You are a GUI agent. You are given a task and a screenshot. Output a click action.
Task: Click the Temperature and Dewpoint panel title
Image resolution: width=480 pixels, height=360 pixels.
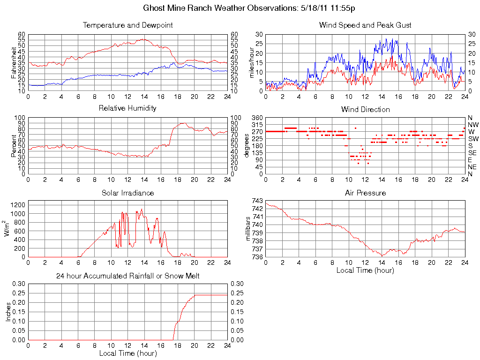point(127,25)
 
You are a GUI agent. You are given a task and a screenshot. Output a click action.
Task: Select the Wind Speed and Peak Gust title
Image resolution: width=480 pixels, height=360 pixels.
point(365,25)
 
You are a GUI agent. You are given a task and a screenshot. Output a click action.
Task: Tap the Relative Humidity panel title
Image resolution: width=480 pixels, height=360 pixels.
point(127,108)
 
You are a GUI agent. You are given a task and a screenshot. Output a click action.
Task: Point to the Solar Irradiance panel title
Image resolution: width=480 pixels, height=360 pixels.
point(127,193)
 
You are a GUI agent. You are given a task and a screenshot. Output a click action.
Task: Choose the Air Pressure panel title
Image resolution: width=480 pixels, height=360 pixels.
point(365,193)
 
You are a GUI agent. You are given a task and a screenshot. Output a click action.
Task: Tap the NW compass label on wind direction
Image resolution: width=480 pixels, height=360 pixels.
point(473,125)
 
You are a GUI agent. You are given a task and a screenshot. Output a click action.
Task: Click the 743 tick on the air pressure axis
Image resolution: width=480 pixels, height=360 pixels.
point(257,200)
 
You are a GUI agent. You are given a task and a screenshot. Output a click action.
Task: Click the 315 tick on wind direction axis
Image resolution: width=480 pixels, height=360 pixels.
point(257,125)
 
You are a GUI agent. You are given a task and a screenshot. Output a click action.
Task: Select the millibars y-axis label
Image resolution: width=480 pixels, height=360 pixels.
point(248,229)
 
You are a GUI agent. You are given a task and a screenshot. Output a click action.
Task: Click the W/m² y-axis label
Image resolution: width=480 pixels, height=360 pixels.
point(8,229)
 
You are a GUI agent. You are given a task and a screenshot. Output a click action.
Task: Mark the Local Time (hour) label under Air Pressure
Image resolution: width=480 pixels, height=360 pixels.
point(365,270)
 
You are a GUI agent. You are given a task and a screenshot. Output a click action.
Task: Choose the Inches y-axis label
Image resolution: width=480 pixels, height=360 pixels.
point(8,312)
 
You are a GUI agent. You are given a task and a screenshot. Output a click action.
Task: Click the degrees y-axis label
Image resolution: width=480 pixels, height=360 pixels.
point(247,146)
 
